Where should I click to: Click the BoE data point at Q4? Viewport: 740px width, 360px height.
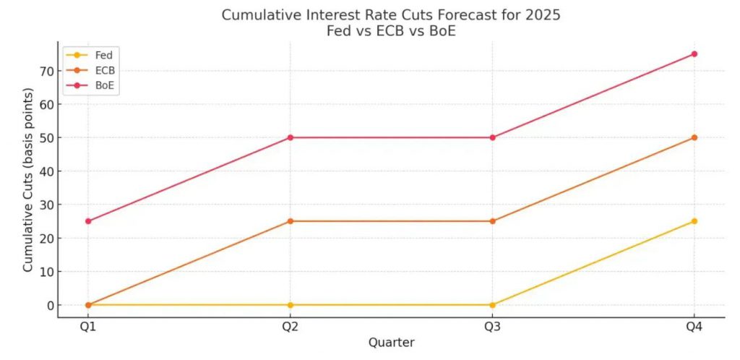[694, 53]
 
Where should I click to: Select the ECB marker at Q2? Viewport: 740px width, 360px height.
[290, 221]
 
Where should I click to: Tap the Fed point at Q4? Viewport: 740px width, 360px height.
[694, 221]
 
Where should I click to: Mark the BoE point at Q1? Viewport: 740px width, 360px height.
[88, 221]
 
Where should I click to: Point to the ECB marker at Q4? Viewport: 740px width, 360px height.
[694, 137]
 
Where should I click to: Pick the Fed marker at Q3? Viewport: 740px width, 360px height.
[492, 305]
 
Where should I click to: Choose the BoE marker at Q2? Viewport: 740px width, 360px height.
[290, 137]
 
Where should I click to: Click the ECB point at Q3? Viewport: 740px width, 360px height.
[492, 221]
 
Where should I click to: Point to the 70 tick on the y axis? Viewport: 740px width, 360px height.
[46, 71]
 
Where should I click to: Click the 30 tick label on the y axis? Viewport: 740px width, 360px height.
[46, 205]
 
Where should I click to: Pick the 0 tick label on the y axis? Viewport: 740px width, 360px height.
[49, 305]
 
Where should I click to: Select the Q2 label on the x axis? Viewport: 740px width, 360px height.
[290, 326]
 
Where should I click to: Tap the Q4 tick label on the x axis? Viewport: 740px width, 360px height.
[694, 326]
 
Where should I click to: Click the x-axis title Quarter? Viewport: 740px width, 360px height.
[391, 342]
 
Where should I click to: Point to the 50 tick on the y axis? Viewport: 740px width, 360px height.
[46, 137]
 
